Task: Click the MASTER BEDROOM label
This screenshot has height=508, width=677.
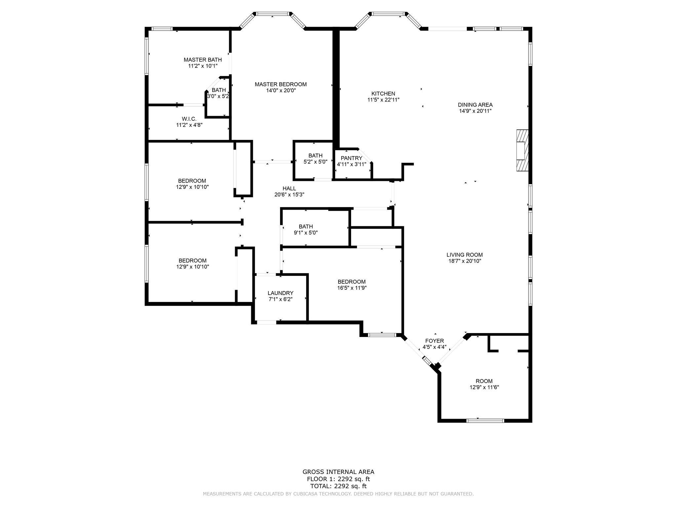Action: [x=281, y=84]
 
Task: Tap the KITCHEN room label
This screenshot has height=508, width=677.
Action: [x=383, y=94]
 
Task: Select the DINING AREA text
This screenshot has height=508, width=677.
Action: [x=475, y=105]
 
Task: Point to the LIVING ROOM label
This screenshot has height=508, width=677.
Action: [x=464, y=255]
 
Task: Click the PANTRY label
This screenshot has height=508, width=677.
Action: [x=351, y=158]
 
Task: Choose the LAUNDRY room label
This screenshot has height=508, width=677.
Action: [x=280, y=293]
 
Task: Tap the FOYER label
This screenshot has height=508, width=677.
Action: [x=434, y=341]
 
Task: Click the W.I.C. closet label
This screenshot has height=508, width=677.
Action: [x=189, y=119]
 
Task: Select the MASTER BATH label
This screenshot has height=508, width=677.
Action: [x=203, y=60]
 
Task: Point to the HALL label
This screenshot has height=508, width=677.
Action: [x=289, y=189]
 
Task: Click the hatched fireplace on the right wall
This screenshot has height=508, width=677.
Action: [x=522, y=150]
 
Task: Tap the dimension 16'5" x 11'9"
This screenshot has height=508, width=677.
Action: [x=351, y=288]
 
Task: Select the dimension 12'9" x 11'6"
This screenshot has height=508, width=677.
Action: [x=484, y=387]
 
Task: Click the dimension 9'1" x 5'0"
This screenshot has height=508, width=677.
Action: [x=306, y=233]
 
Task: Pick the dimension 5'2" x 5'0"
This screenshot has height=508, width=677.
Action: [x=315, y=162]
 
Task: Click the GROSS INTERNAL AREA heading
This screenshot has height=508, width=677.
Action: [x=338, y=472]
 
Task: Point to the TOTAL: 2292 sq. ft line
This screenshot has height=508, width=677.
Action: [x=338, y=486]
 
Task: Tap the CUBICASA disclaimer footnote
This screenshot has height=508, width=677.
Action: [x=338, y=494]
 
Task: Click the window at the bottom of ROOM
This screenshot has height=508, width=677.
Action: [x=485, y=421]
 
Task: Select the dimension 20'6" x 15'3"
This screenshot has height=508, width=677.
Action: [x=289, y=195]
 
